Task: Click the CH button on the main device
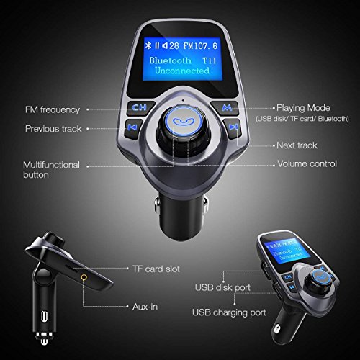coord(139,110)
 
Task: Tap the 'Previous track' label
coord(53,129)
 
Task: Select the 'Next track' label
coord(298,145)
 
